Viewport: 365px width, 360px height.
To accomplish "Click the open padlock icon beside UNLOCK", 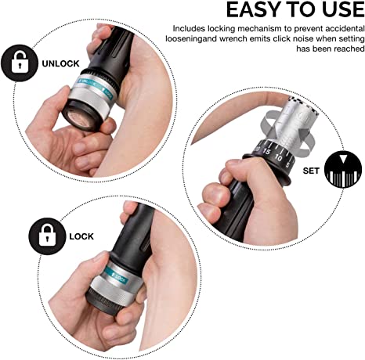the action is (x=20, y=63).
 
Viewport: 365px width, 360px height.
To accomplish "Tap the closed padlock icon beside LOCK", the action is (x=47, y=236).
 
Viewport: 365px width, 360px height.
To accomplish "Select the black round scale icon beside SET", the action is (x=344, y=169).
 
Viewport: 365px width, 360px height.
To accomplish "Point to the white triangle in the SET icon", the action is (x=344, y=158).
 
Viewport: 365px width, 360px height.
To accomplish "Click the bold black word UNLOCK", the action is (x=60, y=63).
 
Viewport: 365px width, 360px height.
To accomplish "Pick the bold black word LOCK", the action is (x=81, y=236).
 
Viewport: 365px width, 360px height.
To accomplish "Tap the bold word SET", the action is (x=311, y=171).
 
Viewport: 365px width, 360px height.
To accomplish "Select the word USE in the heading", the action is (x=343, y=10).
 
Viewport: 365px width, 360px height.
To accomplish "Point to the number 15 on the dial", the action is (x=266, y=151).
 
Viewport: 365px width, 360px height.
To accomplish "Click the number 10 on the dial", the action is (x=278, y=158).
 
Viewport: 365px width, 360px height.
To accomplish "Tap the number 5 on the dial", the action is (x=287, y=165).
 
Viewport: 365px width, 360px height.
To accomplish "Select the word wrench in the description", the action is (x=232, y=38).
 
